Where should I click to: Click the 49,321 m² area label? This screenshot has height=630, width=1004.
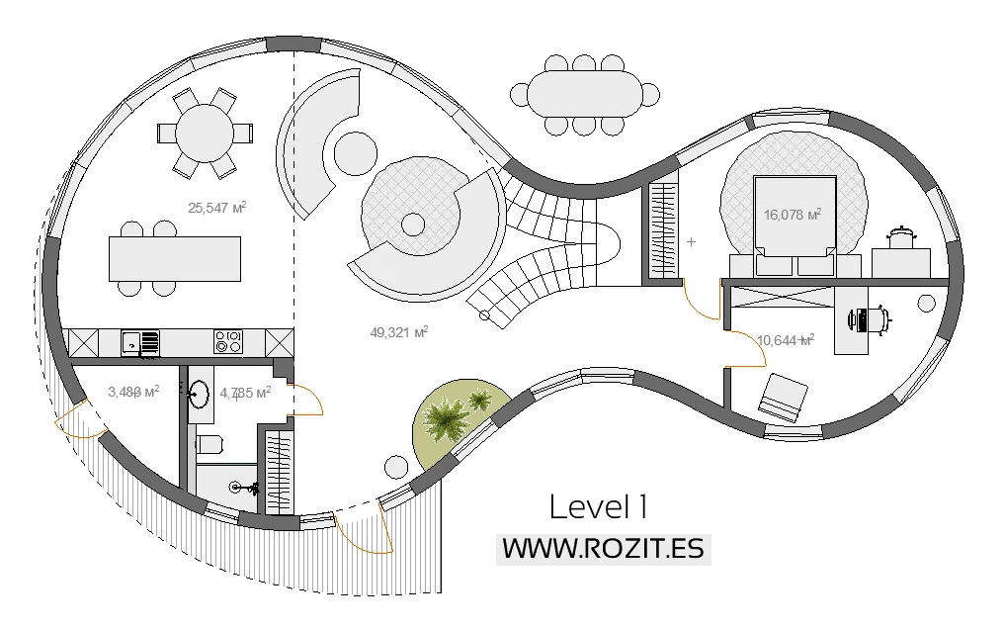pos(398,333)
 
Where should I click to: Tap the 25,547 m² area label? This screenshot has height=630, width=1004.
pos(216,208)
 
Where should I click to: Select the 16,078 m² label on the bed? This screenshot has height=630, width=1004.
pos(793,214)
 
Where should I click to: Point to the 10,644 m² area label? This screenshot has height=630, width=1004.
pos(785,340)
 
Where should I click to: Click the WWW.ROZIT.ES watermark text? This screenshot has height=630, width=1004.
pos(603,548)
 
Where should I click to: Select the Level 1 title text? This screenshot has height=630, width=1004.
pos(598,507)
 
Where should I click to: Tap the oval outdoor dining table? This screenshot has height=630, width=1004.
pos(584,94)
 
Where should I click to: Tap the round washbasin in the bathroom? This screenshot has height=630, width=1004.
pos(200,394)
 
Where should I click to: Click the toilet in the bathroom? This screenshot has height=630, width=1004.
pos(209,443)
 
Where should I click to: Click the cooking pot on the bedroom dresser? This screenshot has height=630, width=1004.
pos(899,238)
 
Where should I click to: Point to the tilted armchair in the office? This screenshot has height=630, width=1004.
pos(784,397)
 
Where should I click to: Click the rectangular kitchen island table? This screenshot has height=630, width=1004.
pos(175,259)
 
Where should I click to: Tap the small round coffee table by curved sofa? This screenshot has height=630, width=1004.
pos(356,153)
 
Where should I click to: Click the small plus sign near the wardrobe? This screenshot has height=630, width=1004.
pos(691,241)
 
